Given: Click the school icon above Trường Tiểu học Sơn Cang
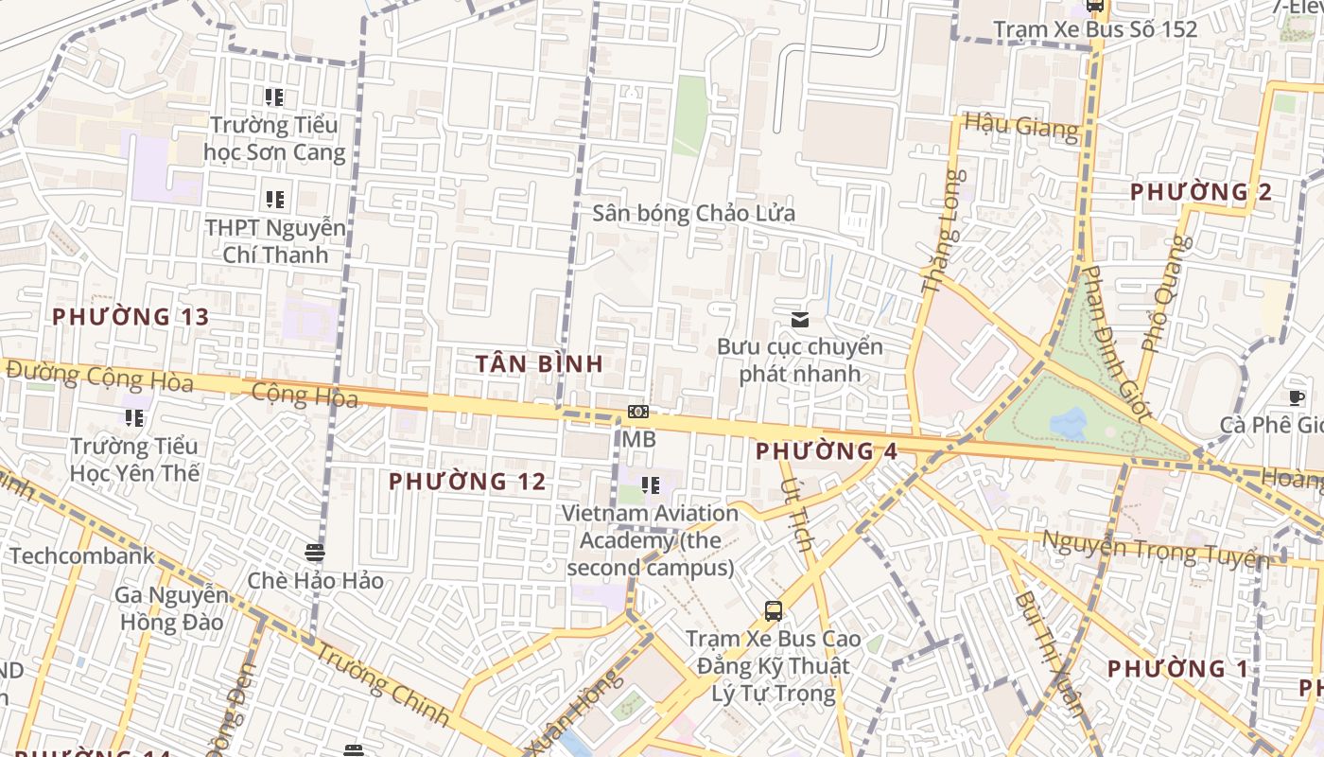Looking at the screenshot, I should (274, 97).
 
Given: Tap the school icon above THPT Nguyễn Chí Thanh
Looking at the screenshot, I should (275, 199).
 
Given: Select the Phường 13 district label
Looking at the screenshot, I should (131, 317).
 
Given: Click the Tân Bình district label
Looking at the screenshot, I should (539, 363).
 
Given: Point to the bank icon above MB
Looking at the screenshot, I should (638, 412).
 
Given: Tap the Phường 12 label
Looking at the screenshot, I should (467, 482).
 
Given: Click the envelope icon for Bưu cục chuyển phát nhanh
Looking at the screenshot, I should (800, 319).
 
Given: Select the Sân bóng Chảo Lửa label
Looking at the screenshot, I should (693, 213).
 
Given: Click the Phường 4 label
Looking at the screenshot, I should (826, 451).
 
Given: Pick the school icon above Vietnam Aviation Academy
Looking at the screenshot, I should (651, 485).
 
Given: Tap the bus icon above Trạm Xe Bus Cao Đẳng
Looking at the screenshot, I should (774, 610).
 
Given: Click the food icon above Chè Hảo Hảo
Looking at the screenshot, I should (315, 552).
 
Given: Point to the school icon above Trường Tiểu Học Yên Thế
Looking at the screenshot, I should (134, 417).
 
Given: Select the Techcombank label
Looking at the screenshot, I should (81, 555).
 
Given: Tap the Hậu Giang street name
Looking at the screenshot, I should (1020, 126).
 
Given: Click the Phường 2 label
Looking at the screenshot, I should (1201, 192).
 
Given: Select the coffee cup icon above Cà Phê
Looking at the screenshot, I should (1296, 397).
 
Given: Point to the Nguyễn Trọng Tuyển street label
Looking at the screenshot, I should (1156, 549).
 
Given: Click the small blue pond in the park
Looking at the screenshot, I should (1069, 423).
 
